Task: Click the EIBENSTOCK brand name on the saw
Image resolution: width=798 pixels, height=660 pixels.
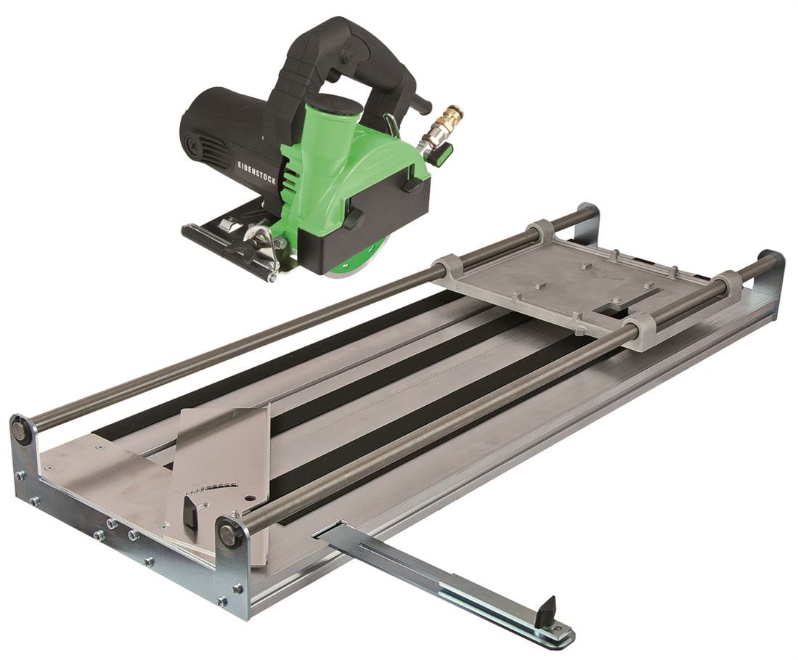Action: [257, 173]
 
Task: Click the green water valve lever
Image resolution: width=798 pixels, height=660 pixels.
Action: [440, 154]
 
